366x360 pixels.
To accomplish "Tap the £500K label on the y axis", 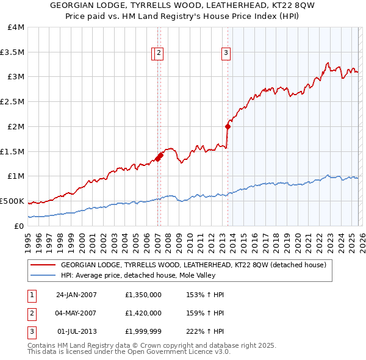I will [x=12, y=201].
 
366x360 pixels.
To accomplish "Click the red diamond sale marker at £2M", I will [x=228, y=127].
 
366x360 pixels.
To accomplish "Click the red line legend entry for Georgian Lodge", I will [x=194, y=265].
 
